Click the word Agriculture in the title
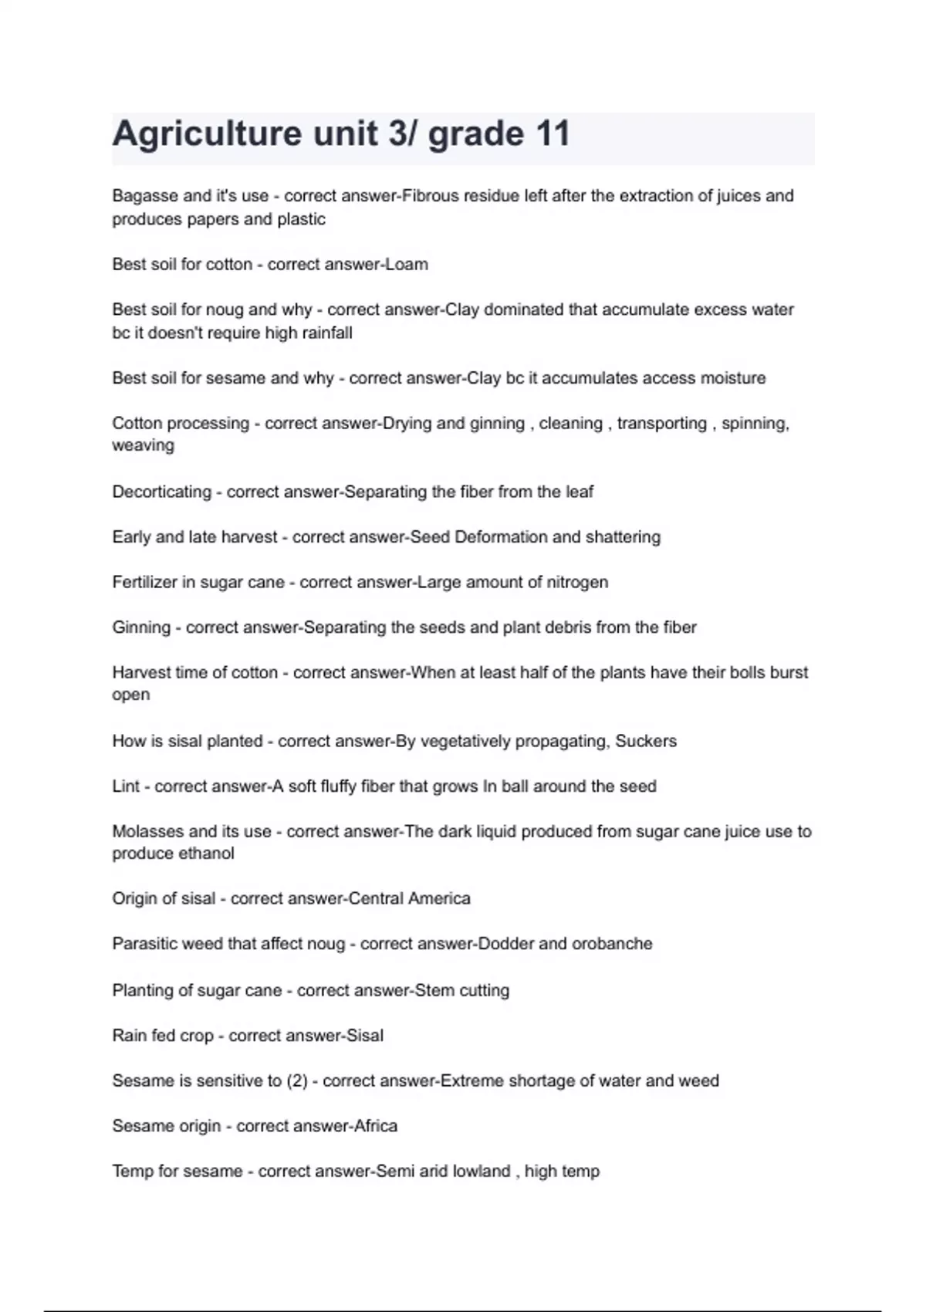coord(207,134)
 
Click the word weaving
coord(143,445)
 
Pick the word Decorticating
coord(161,492)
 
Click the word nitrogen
coord(578,582)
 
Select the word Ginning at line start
coord(141,627)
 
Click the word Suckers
coord(646,741)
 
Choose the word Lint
coord(126,786)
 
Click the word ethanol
coord(206,854)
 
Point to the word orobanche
coord(612,944)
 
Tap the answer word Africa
coord(376,1126)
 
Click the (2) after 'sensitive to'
coord(297,1081)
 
